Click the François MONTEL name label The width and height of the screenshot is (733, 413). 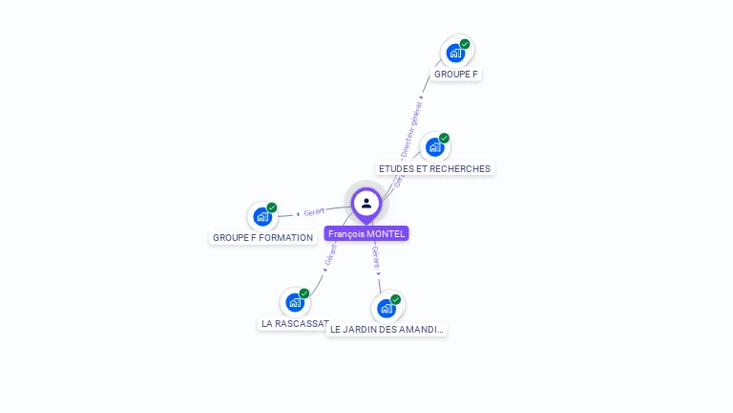pyautogui.click(x=366, y=233)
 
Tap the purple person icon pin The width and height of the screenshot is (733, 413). pyautogui.click(x=366, y=204)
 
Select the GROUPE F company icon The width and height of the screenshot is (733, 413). pyautogui.click(x=455, y=53)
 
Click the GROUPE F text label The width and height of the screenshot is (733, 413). pyautogui.click(x=455, y=74)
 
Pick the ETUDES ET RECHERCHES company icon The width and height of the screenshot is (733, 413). pyautogui.click(x=434, y=147)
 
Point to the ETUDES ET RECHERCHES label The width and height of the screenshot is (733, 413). pyautogui.click(x=434, y=169)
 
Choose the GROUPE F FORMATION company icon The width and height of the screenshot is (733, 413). pyautogui.click(x=262, y=217)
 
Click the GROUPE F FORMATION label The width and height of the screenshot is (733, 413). pyautogui.click(x=262, y=238)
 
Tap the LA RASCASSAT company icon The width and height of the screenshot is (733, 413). pyautogui.click(x=295, y=303)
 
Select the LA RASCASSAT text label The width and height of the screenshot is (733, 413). pyautogui.click(x=295, y=324)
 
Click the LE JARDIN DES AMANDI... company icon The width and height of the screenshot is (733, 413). pyautogui.click(x=386, y=308)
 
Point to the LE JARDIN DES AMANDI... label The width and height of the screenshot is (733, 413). pyautogui.click(x=387, y=330)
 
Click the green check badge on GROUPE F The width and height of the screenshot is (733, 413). pyautogui.click(x=465, y=44)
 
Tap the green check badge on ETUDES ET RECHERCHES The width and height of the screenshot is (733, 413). pyautogui.click(x=444, y=138)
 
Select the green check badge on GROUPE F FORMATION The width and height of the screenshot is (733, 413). pyautogui.click(x=272, y=207)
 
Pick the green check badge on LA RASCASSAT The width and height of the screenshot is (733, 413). pyautogui.click(x=304, y=293)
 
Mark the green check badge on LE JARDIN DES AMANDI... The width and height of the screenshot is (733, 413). pyautogui.click(x=395, y=299)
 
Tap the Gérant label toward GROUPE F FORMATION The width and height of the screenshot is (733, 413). pyautogui.click(x=314, y=211)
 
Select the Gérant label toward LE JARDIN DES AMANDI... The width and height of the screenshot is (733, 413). pyautogui.click(x=375, y=257)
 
